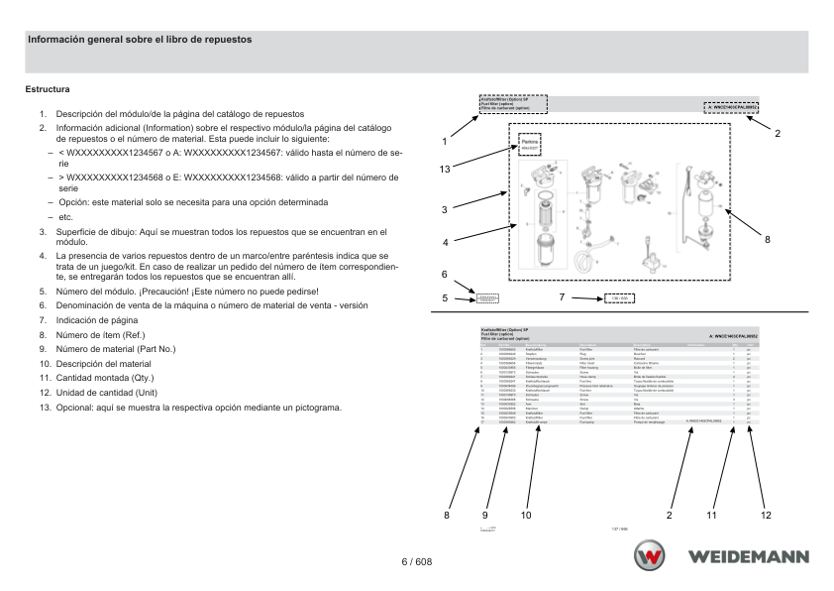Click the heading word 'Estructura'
[x=48, y=90]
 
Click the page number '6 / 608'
[x=417, y=562]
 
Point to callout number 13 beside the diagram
[x=446, y=170]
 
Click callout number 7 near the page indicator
[x=562, y=296]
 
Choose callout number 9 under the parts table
[x=485, y=515]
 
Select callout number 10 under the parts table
[x=526, y=515]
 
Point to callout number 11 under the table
[x=711, y=515]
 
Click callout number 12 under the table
[x=766, y=515]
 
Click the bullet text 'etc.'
[x=66, y=216]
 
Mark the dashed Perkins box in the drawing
[x=529, y=146]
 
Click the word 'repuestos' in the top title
[x=229, y=40]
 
